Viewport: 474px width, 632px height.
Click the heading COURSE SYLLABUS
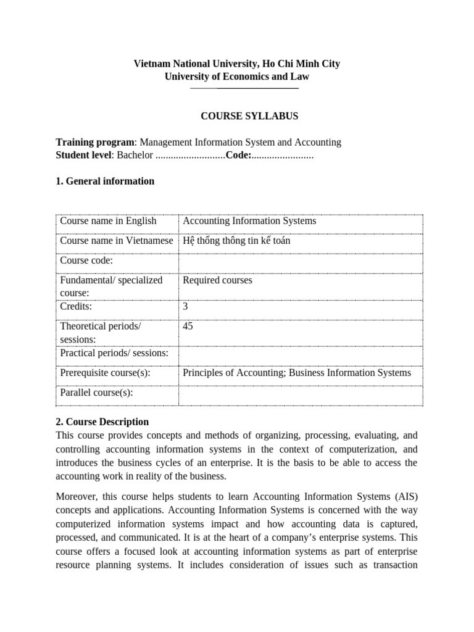tap(250, 115)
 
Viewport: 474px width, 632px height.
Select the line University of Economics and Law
tap(237, 77)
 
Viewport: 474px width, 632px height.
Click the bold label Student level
tap(83, 156)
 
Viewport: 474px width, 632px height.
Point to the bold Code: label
tap(238, 156)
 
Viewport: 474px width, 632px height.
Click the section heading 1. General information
tap(105, 181)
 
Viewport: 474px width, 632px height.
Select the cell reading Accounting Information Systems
tap(249, 221)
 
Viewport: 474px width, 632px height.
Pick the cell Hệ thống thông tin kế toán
tap(236, 241)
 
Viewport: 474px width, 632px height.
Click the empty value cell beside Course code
tap(300, 260)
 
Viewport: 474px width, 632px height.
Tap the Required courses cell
tap(217, 280)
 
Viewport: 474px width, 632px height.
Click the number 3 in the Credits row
tap(186, 306)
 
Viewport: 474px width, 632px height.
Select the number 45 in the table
tap(188, 326)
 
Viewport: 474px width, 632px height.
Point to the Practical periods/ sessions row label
tap(114, 353)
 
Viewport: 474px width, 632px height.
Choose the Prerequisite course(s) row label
tap(105, 373)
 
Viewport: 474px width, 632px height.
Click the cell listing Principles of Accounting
tap(296, 373)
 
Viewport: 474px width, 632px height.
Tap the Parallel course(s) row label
tap(96, 393)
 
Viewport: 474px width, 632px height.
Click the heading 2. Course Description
tap(102, 422)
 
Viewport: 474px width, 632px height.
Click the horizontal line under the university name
tap(244, 89)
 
